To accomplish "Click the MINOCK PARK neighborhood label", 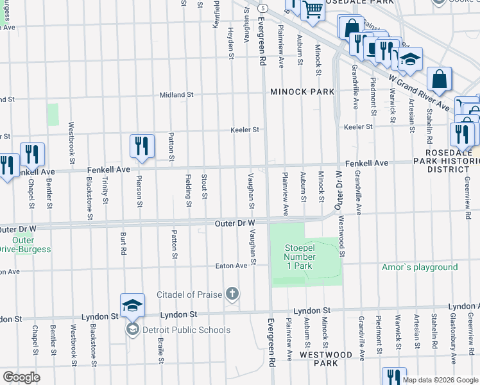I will tap(302, 92).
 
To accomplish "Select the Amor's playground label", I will tap(420, 267).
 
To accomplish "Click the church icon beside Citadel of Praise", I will tap(232, 295).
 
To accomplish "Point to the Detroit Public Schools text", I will tap(186, 330).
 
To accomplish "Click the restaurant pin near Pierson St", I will tap(142, 146).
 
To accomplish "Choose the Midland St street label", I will tap(176, 95).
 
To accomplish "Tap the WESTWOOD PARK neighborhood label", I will tap(325, 359).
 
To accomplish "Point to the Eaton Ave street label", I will tap(231, 266).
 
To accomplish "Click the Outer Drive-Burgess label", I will tap(26, 244).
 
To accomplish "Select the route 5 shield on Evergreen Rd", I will tap(263, 8).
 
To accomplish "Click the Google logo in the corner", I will tap(21, 377).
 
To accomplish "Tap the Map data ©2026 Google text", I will tap(440, 380).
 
